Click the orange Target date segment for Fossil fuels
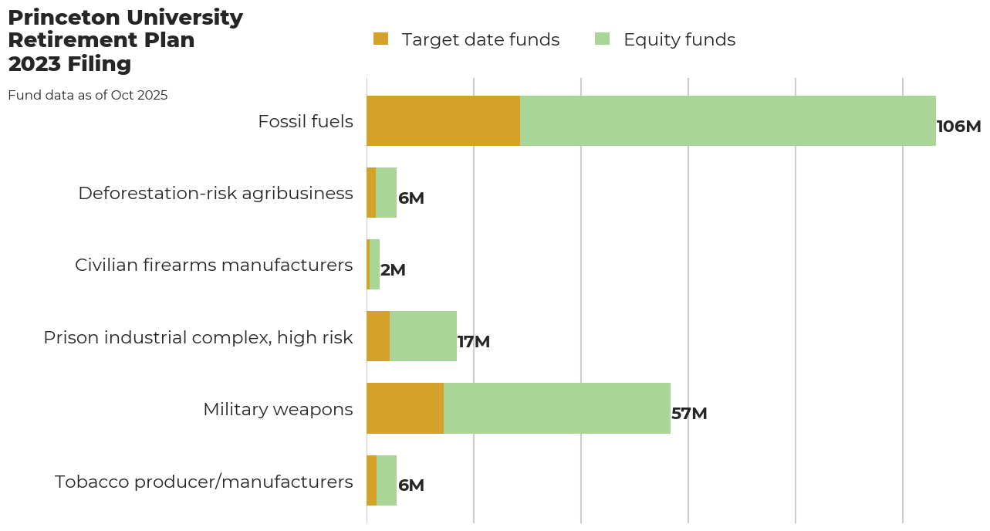pos(443,121)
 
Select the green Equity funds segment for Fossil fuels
pos(728,121)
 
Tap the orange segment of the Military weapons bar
pos(404,408)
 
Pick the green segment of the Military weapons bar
pos(556,408)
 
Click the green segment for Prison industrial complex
pos(423,337)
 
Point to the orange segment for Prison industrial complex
pos(378,337)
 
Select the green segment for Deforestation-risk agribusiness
pos(386,193)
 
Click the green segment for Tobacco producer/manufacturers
pos(387,480)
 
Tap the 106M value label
pos(958,127)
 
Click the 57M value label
pos(689,414)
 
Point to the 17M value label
pos(474,342)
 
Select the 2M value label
pos(393,270)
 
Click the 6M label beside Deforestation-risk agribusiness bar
pos(411,198)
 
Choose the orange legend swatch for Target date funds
pos(380,39)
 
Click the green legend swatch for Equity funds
pos(602,39)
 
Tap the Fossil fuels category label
pos(306,121)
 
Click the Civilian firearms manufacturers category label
pos(214,265)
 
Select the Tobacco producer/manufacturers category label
pos(204,482)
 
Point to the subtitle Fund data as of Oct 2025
pos(87,96)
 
